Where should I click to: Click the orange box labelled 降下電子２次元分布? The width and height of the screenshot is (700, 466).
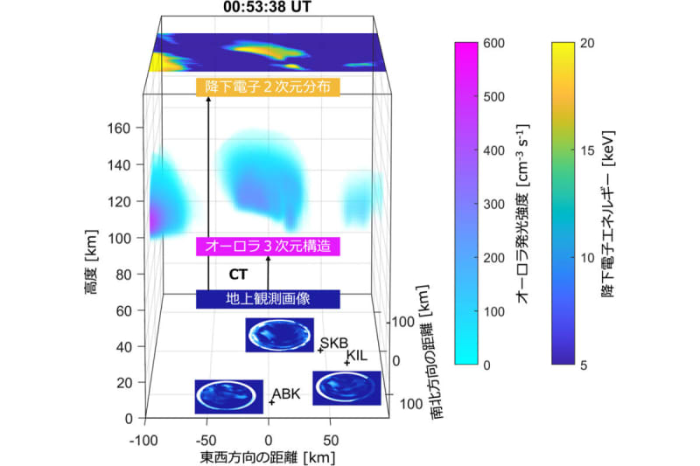(268, 87)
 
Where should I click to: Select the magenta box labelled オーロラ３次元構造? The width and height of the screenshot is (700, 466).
(268, 247)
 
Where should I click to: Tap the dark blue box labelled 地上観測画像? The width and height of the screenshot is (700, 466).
(268, 299)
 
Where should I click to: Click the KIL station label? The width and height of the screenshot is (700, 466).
(358, 355)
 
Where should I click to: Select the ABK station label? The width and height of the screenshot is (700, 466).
(286, 394)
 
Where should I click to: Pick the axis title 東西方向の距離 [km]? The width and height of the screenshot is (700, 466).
(268, 456)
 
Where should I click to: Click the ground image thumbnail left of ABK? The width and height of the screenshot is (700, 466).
(228, 396)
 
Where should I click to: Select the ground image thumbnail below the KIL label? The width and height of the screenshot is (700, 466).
(346, 387)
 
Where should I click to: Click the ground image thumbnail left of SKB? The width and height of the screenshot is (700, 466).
(280, 335)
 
